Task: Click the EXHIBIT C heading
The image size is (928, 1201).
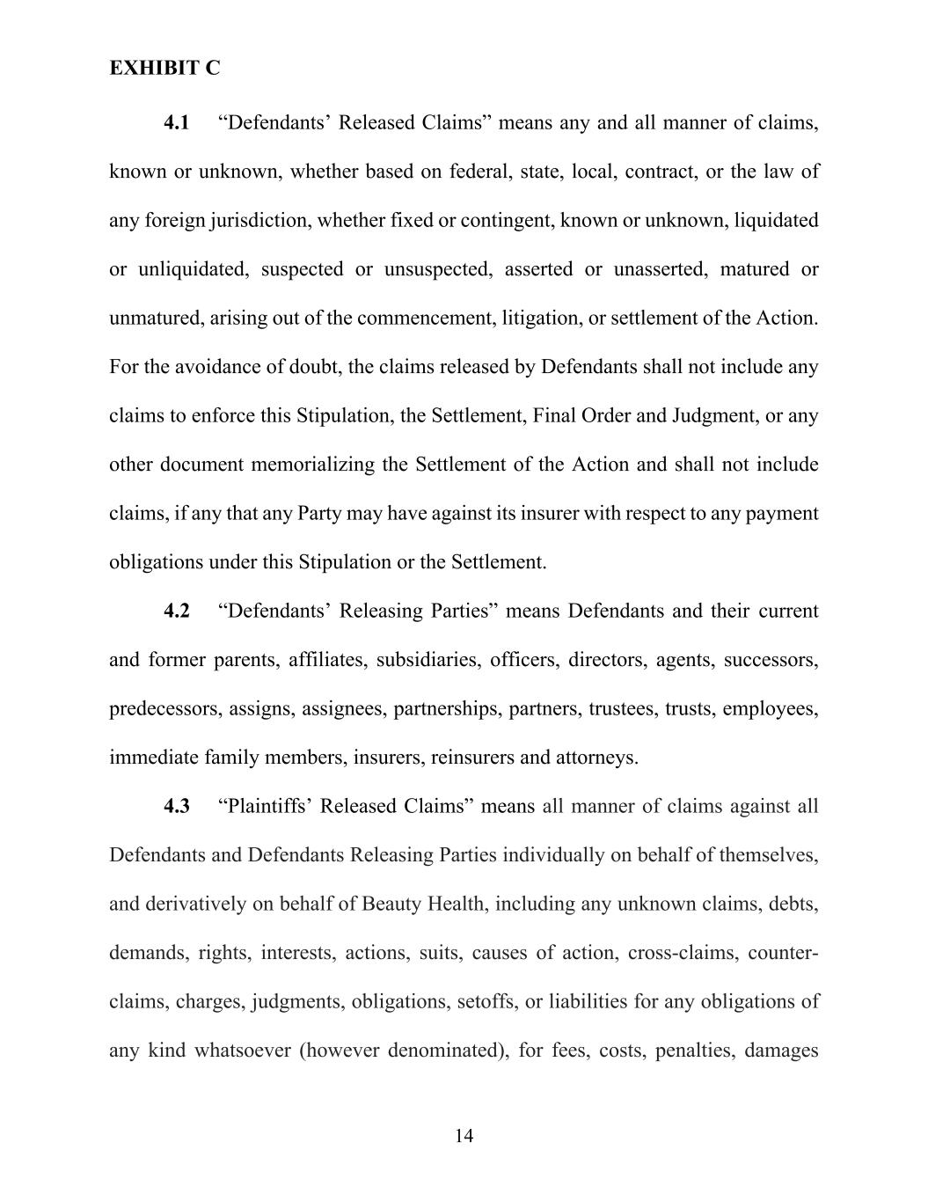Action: pyautogui.click(x=164, y=69)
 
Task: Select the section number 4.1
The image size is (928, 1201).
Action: pyautogui.click(x=176, y=122)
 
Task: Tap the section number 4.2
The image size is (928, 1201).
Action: pyautogui.click(x=176, y=611)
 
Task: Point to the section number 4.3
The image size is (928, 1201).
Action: pyautogui.click(x=176, y=806)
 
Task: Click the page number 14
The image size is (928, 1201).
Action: pyautogui.click(x=464, y=1136)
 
